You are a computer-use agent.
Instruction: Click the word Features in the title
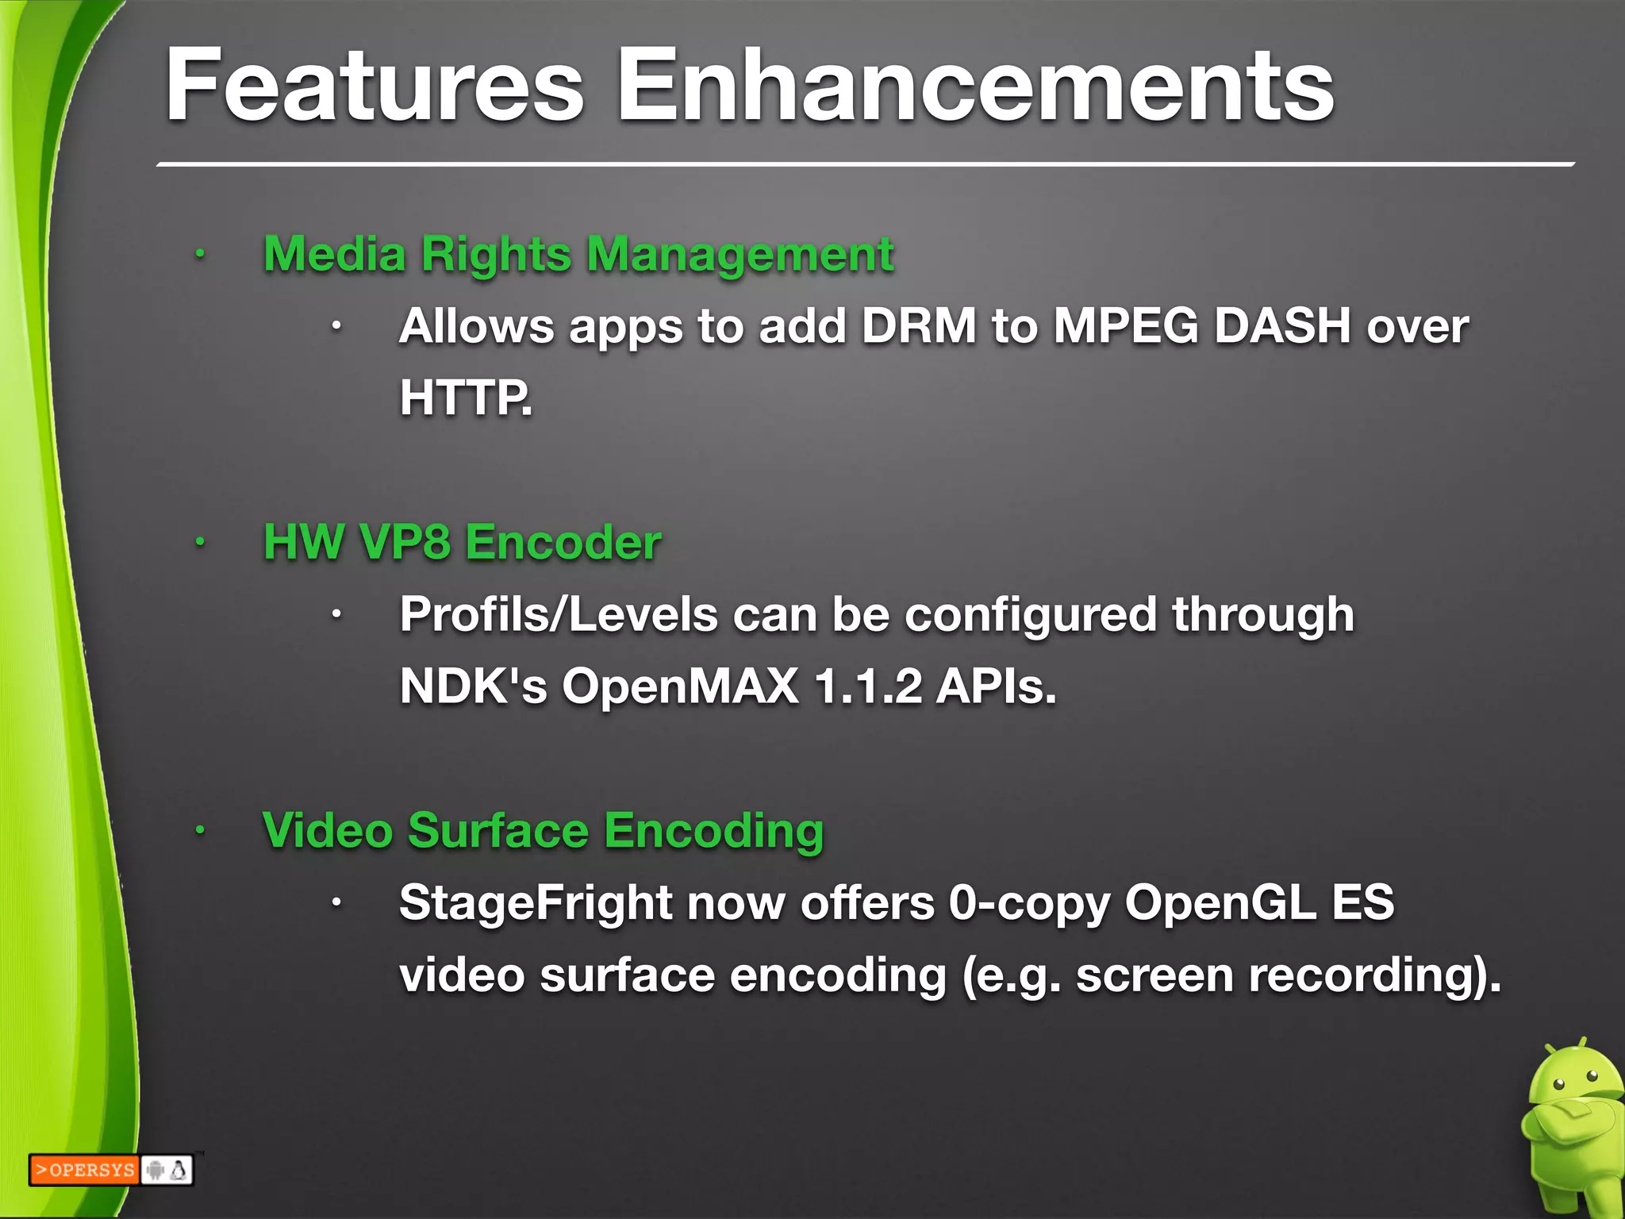pos(374,85)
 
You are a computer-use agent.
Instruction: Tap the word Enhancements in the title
pos(976,85)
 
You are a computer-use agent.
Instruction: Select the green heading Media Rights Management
pos(578,255)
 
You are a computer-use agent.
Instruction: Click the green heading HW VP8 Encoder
pos(462,543)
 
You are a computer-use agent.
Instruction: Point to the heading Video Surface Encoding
pos(543,831)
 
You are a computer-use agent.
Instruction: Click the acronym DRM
pos(919,326)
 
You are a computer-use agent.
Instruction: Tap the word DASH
pos(1282,326)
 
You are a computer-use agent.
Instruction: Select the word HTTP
pos(464,398)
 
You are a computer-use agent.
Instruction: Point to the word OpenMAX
pos(680,686)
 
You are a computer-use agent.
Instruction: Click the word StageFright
pos(536,903)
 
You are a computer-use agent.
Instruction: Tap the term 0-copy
pos(1028,903)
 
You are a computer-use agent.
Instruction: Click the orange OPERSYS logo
pos(84,1170)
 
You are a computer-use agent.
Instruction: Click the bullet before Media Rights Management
pos(201,255)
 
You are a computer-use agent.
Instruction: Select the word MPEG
pos(1125,326)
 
